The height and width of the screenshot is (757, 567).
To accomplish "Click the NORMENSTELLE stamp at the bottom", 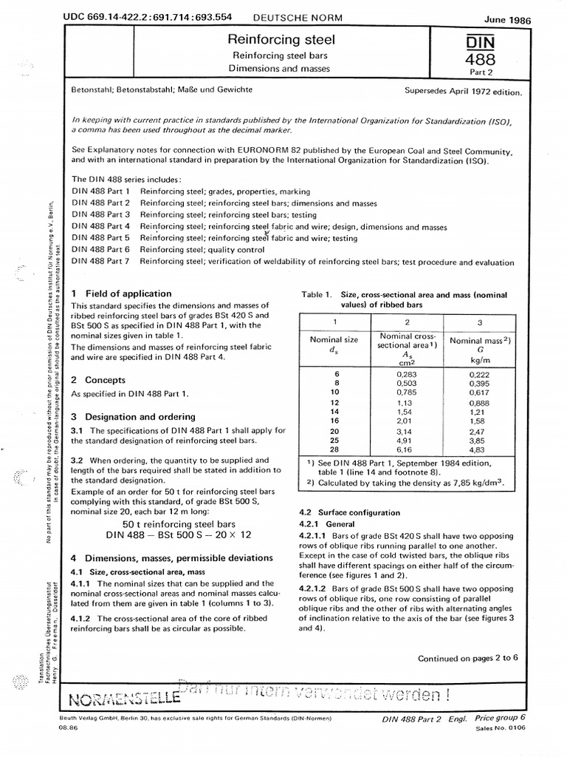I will [x=126, y=698].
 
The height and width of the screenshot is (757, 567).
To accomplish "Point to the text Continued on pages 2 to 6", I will [x=468, y=637].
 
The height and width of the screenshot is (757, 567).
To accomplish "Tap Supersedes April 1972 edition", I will [x=463, y=93].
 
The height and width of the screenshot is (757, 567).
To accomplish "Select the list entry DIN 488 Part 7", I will [x=100, y=262].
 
